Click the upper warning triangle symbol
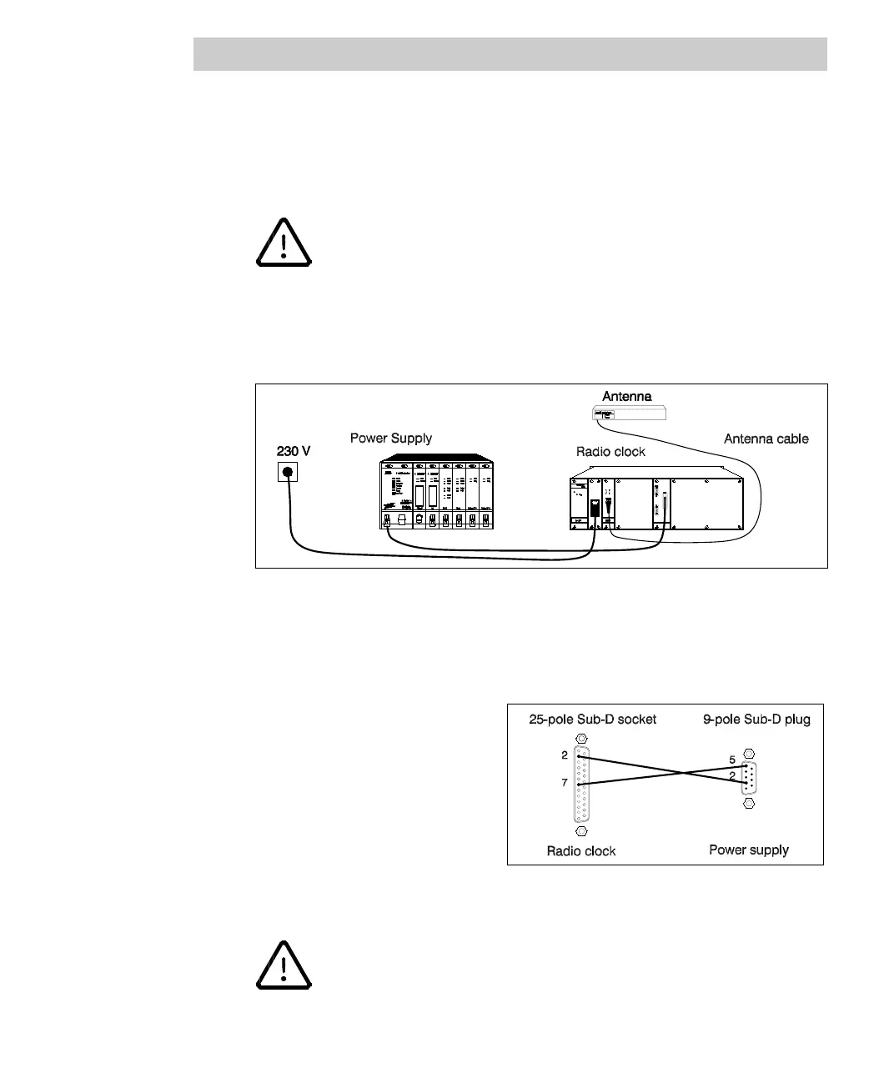[284, 243]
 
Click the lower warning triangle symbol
[284, 965]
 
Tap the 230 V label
[294, 451]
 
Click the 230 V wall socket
[288, 473]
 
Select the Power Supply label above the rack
[390, 439]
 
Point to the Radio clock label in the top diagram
[610, 452]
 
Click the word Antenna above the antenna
[626, 396]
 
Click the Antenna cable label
[766, 439]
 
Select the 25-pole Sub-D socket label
[592, 720]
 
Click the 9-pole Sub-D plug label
[756, 720]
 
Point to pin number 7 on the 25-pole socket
[565, 783]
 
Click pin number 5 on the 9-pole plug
[731, 760]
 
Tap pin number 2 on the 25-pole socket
[565, 755]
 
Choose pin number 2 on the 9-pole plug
[731, 776]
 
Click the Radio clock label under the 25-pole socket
[581, 851]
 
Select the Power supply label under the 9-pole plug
[748, 850]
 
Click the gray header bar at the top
[510, 54]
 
